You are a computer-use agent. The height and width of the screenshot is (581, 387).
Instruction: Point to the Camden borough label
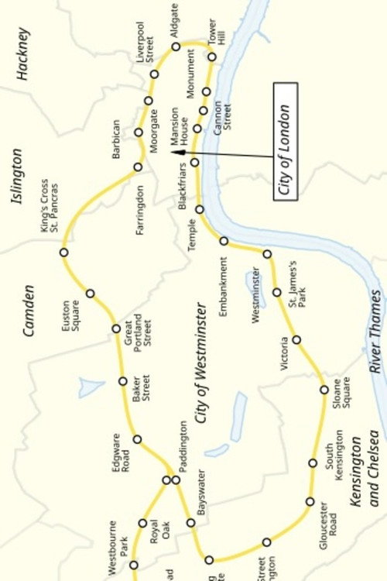point(29,311)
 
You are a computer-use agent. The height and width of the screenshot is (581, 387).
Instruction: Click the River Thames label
point(375,332)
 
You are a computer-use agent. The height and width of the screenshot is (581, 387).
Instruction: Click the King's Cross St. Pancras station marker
point(64,253)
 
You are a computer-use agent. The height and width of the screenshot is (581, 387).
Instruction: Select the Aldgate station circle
point(176,46)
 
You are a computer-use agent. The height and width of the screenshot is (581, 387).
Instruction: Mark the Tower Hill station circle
point(212,57)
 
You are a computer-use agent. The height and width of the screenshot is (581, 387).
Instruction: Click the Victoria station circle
point(296,340)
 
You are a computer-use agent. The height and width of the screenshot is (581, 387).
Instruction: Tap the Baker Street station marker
point(122,380)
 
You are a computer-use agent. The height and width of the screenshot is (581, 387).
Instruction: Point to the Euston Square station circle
point(91,294)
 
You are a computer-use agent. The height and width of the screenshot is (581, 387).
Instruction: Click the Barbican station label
point(116,139)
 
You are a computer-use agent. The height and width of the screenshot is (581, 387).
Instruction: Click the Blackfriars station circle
point(195,163)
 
